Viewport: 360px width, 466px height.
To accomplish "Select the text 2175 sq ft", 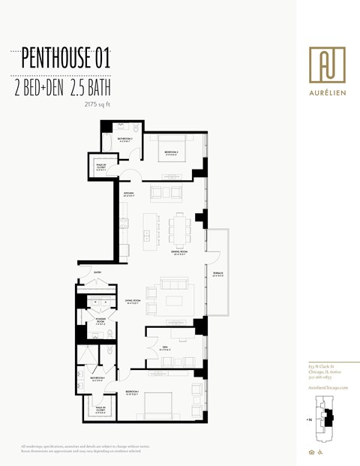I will pos(98,105).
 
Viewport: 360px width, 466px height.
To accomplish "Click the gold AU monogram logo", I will pos(327,65).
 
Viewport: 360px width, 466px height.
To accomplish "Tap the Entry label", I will pos(97,272).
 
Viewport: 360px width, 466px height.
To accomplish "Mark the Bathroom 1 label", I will pos(97,377).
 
